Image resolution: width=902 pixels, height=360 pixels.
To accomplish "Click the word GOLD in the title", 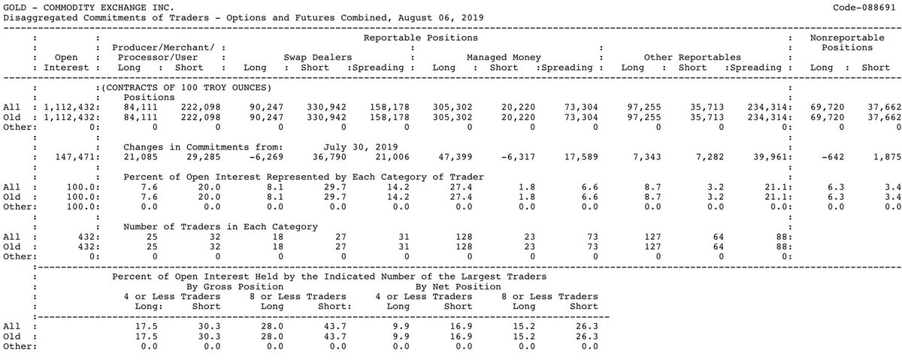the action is (15, 8).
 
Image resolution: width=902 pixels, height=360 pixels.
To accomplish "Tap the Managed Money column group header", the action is (504, 58).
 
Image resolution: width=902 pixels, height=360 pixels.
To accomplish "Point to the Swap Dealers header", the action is (318, 58).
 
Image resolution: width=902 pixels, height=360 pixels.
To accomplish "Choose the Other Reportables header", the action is (692, 58).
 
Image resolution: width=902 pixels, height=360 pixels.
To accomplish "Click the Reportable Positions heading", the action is (421, 38).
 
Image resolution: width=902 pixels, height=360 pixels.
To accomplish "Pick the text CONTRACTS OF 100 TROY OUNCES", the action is (186, 88).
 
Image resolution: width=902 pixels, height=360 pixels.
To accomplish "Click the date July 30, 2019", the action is (361, 147).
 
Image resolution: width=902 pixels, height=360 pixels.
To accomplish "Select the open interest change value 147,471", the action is (76, 157).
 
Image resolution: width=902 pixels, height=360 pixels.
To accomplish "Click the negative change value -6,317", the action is (518, 157).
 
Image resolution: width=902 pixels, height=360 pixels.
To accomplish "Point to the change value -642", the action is (833, 157).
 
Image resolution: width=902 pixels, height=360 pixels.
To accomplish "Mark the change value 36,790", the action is (329, 157).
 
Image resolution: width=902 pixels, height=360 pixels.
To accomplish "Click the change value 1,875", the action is (887, 157).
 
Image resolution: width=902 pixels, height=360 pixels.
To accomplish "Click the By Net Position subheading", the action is (459, 286).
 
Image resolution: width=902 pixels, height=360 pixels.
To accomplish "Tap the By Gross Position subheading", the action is (235, 286).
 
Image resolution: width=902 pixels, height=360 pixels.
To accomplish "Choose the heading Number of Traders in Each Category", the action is (221, 227).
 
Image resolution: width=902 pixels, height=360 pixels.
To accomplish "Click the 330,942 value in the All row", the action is (326, 107).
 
